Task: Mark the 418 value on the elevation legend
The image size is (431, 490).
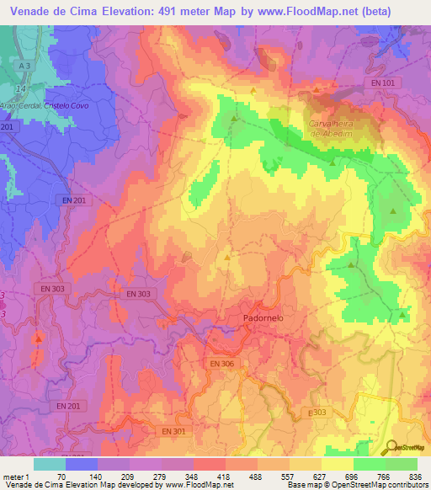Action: pyautogui.click(x=225, y=477)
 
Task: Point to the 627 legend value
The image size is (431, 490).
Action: pyautogui.click(x=321, y=477)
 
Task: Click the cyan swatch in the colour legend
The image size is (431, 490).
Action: pyautogui.click(x=49, y=464)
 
